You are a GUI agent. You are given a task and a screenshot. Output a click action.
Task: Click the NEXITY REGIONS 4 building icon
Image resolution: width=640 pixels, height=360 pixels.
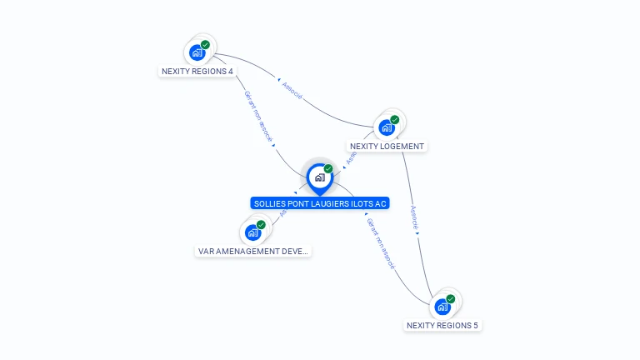tap(197, 52)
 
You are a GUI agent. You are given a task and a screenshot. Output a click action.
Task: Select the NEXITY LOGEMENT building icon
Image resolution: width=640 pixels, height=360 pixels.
tap(386, 127)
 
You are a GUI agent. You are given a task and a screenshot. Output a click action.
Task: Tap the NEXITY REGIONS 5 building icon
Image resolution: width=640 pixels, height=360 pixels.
tap(442, 306)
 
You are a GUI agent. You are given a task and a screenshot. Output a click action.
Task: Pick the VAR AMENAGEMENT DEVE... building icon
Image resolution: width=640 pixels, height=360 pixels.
tap(252, 232)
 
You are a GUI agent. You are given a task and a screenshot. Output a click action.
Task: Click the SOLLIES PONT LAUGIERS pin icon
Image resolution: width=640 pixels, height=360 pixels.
tap(319, 177)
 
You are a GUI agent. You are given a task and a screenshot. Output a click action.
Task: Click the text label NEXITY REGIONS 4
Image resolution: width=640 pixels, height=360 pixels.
tap(197, 71)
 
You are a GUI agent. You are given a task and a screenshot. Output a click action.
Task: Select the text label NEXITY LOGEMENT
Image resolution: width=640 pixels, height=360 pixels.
tap(387, 146)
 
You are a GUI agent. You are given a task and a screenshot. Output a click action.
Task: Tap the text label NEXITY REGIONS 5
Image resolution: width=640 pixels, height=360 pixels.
tap(442, 325)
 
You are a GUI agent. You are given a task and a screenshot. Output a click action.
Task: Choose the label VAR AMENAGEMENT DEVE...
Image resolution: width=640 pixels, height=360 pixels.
tap(252, 251)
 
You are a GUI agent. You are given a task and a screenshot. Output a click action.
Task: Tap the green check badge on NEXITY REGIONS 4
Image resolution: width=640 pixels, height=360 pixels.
tap(205, 45)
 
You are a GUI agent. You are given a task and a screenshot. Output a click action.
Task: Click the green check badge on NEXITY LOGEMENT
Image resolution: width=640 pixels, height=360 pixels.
tap(394, 120)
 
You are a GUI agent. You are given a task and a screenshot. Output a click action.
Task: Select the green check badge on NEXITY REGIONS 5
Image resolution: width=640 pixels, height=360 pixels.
tap(451, 298)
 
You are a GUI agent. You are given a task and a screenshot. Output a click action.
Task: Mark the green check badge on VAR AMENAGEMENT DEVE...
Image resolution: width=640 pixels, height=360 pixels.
tap(261, 225)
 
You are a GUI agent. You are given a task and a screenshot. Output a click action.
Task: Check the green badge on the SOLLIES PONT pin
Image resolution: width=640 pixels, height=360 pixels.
tap(328, 169)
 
